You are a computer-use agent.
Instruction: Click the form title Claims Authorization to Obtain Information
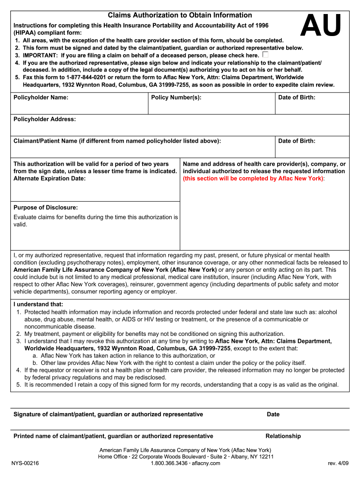pos(180,15)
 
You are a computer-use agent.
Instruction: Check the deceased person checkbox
pos(266,55)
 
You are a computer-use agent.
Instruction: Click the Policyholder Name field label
pos(41,97)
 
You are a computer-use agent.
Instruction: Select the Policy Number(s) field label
pos(176,97)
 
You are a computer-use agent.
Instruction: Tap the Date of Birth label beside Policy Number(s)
pos(296,97)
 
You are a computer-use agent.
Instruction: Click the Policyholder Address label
pos(44,119)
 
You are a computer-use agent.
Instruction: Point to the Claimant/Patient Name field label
pos(117,141)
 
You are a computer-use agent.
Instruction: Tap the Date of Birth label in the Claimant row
pos(296,141)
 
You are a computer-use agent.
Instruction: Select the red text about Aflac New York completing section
pos(253,178)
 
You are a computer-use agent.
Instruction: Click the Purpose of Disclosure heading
pos(45,207)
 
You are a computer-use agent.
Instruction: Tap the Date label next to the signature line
pos(273,414)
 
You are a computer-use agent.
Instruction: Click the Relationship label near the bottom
pos(283,436)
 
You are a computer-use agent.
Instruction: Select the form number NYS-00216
pos(26,463)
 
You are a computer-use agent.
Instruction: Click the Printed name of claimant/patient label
pos(113,436)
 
